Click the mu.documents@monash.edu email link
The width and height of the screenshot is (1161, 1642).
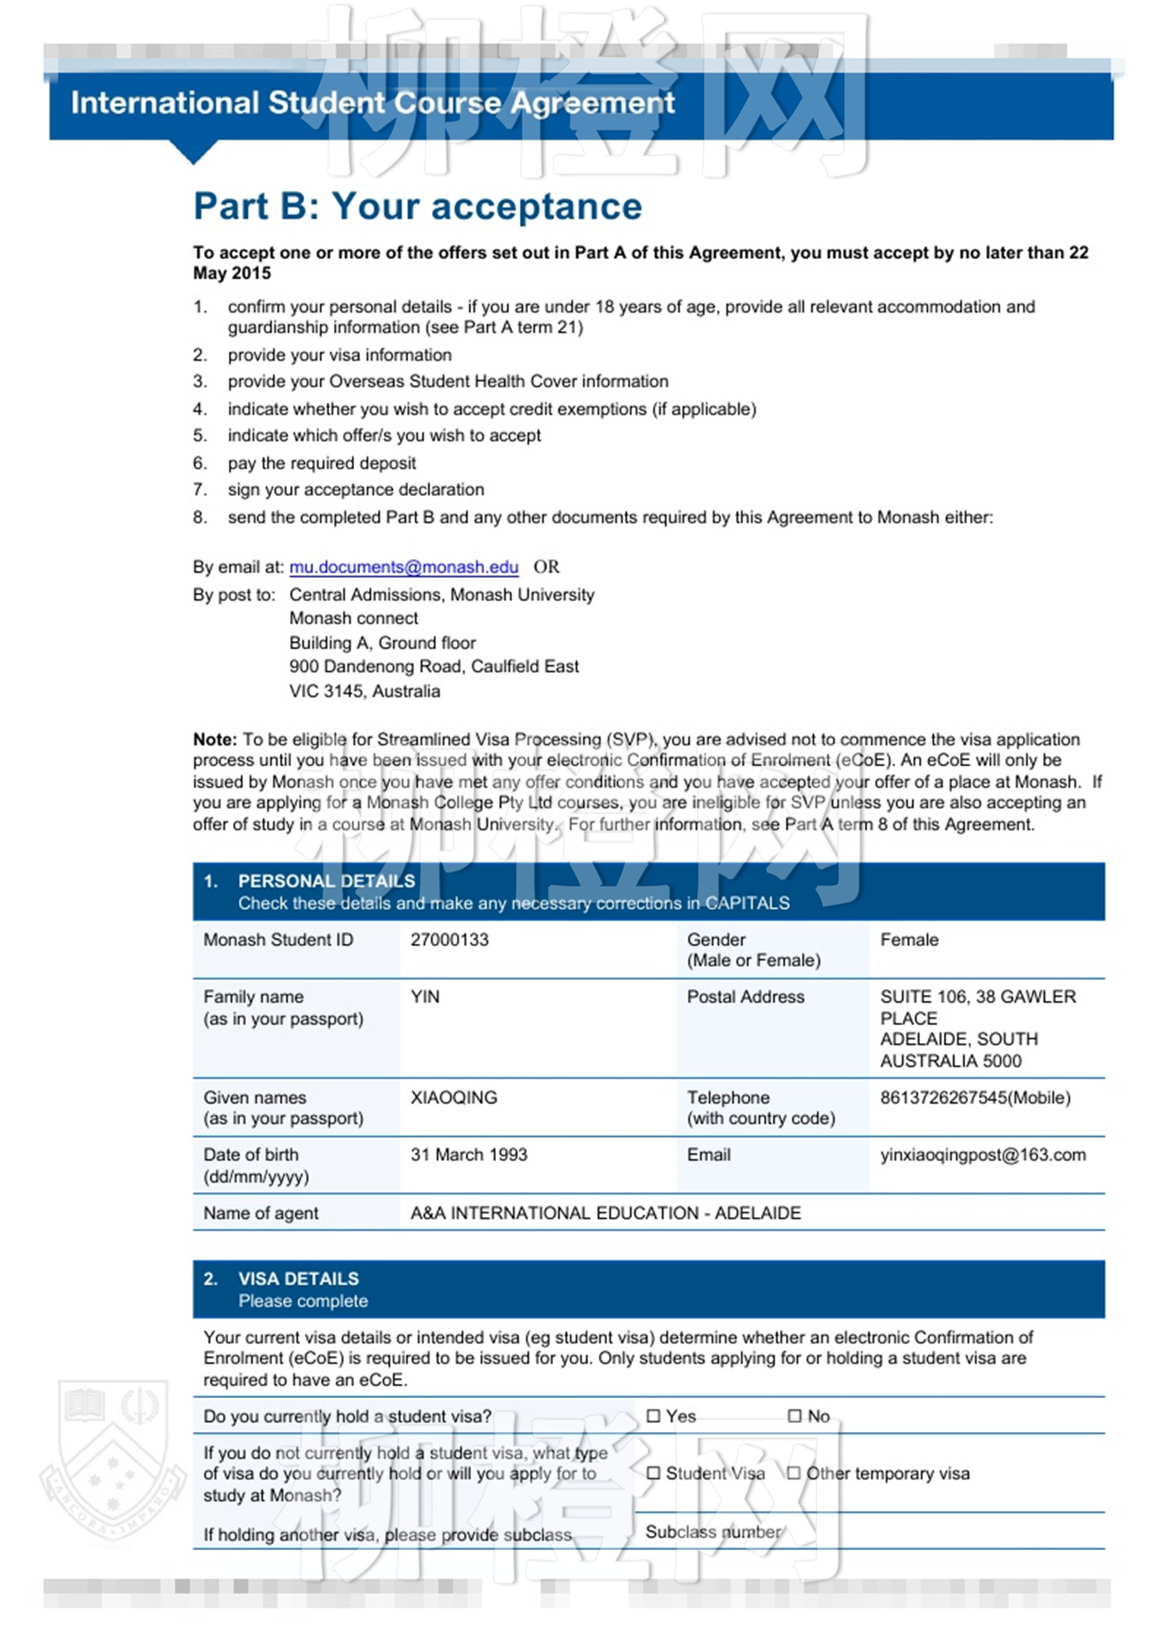tap(403, 567)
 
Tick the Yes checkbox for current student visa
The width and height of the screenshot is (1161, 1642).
tap(653, 1416)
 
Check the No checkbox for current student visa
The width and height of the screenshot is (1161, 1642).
tap(794, 1416)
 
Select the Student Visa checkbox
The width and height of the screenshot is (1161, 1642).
tap(653, 1474)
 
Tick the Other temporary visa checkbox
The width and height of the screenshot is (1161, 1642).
tap(794, 1474)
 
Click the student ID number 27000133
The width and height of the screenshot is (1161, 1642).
tap(449, 940)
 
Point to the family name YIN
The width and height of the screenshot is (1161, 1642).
tap(425, 997)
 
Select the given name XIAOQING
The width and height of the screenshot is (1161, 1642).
tap(454, 1097)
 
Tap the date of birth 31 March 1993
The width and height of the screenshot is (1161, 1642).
tap(469, 1154)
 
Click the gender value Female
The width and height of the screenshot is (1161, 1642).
tap(909, 940)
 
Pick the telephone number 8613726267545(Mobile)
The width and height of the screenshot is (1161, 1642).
tap(975, 1097)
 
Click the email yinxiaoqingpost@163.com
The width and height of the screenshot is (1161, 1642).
tap(983, 1154)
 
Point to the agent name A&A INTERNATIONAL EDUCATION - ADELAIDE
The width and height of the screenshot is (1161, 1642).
tap(605, 1213)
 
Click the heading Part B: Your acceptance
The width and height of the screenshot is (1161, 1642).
tap(417, 206)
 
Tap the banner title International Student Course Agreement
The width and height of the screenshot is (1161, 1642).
tap(372, 103)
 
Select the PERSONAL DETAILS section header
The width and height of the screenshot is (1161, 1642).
tap(326, 881)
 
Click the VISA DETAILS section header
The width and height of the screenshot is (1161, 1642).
tap(298, 1279)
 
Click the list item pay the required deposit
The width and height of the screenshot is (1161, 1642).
tap(321, 463)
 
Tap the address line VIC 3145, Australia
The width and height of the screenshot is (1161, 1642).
tap(364, 691)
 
